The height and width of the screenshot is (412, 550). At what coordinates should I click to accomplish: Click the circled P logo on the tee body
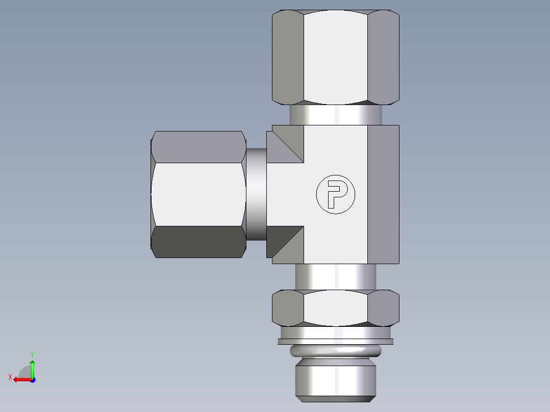tap(335, 194)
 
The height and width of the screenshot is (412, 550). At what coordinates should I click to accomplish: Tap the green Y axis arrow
tap(32, 366)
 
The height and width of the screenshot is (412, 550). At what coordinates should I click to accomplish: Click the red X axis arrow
tap(20, 379)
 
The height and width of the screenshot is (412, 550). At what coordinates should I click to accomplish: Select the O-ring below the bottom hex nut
tap(335, 351)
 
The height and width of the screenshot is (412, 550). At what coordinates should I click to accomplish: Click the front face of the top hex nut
tap(335, 57)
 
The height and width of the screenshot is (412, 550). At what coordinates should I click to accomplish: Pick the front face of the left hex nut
tap(198, 194)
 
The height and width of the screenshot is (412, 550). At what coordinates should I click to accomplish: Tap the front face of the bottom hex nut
tap(335, 307)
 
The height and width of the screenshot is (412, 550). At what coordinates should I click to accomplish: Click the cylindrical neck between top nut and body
tap(335, 115)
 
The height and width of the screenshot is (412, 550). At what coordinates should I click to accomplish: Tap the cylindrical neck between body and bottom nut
tap(335, 277)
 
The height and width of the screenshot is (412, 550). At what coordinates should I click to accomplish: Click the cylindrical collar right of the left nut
tap(256, 194)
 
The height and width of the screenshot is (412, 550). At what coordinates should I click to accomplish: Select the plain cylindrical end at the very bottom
tap(335, 379)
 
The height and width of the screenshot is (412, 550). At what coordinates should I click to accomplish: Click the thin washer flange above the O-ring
tap(335, 341)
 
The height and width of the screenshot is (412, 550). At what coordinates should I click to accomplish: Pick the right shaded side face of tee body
tap(383, 194)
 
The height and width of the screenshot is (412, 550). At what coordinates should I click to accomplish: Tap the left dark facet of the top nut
tap(288, 57)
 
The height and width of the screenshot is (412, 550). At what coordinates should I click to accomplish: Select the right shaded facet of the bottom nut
tap(383, 307)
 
